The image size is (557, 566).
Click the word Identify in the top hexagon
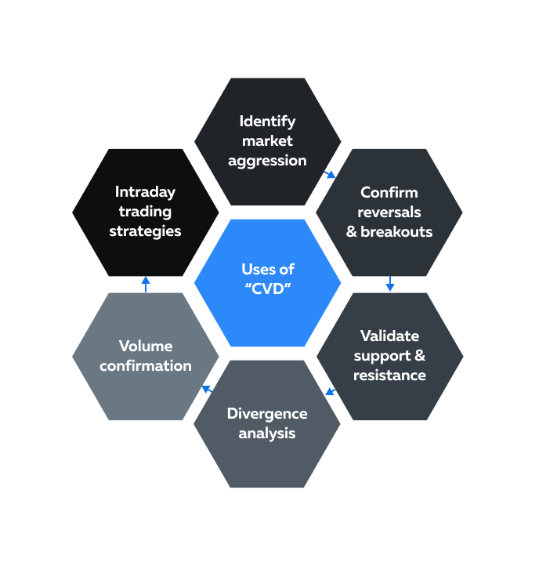(x=267, y=122)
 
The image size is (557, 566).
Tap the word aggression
(x=267, y=161)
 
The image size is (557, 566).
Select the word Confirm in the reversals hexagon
(x=389, y=192)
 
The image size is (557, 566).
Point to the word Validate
(x=389, y=336)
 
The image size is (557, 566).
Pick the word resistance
(x=389, y=375)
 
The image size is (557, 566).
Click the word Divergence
(x=267, y=413)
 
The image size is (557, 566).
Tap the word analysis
(x=267, y=433)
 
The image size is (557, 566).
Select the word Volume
(x=146, y=346)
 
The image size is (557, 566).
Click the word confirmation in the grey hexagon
(x=146, y=365)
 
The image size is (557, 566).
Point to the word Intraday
(x=145, y=192)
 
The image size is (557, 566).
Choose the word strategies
(x=145, y=231)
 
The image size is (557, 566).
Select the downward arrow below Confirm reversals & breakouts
(x=389, y=284)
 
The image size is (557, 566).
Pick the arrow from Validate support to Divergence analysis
(x=331, y=390)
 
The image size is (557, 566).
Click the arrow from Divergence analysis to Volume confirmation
(x=207, y=388)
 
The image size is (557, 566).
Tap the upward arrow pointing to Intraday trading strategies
(x=146, y=284)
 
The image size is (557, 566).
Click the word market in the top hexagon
(x=267, y=141)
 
